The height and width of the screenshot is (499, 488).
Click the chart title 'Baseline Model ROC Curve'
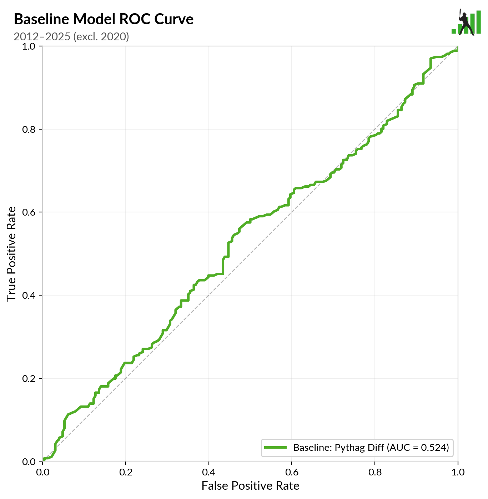pos(104,19)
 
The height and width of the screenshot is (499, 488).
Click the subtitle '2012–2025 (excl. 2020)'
pos(71,36)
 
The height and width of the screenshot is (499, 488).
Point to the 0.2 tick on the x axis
pos(126,472)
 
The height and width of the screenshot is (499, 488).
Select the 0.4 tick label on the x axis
pos(208,472)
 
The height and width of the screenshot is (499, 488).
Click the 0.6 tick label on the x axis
pos(292,472)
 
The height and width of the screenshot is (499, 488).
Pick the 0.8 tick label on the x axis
pos(375,472)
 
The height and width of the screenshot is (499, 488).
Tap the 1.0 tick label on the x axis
pos(458,472)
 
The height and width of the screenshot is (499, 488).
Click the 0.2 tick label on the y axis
pos(30,378)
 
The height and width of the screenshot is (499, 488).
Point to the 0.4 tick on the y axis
pos(30,296)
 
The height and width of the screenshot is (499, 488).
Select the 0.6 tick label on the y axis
pos(30,212)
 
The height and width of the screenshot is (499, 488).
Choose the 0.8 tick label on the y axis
pos(30,129)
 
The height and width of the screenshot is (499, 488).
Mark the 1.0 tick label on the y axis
pos(30,46)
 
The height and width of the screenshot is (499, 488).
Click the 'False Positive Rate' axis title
pos(250,486)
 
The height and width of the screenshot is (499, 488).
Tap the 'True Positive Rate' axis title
pos(11,254)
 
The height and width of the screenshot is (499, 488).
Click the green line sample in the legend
pos(275,447)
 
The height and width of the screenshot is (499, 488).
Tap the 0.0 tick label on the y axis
pos(30,462)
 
